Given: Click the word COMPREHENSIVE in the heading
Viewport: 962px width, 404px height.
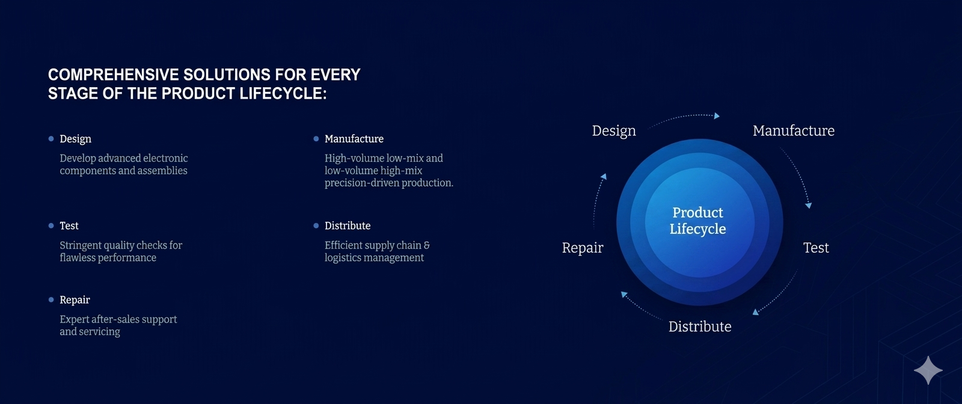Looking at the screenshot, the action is (113, 75).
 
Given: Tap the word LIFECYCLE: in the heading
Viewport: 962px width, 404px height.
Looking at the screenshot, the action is (283, 93).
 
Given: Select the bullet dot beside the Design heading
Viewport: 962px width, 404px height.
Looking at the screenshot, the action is (51, 139).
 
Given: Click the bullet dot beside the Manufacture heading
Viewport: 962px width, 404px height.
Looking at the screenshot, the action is (316, 139).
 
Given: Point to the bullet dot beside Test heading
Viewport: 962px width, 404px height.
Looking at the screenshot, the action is (51, 225).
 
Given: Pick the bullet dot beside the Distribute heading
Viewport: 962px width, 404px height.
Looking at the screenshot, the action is (316, 225).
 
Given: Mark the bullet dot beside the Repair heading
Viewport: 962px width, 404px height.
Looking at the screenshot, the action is (51, 299).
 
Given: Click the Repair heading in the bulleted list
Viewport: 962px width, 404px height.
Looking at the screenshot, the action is (75, 300).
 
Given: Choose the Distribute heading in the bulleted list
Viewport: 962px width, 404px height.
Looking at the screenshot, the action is (348, 225).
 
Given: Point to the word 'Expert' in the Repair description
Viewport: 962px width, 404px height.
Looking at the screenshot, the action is (72, 319).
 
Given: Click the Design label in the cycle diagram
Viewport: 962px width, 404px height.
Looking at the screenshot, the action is (614, 131).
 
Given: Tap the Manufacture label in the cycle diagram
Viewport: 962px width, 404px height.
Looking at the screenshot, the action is (794, 130).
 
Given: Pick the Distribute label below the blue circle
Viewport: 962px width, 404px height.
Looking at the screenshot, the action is (700, 326).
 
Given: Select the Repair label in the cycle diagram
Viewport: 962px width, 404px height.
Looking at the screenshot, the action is (583, 248).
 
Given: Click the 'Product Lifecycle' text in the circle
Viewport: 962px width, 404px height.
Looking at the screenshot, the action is (698, 221).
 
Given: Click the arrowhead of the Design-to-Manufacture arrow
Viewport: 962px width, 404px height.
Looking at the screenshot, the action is (717, 115).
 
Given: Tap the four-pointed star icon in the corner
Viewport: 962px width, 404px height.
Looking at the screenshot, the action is (928, 370).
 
